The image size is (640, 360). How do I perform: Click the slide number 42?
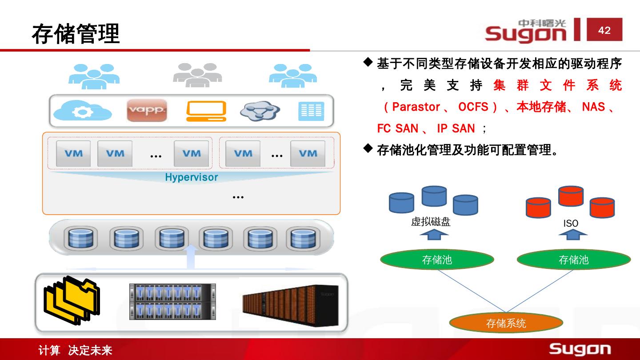604,30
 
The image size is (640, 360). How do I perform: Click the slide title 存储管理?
76,34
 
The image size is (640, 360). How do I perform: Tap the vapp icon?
147,110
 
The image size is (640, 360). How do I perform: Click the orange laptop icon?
206,111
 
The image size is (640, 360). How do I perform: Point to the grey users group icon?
197,75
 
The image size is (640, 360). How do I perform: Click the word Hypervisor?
191,177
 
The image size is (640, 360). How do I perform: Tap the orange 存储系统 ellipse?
506,323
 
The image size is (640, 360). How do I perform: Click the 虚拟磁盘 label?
431,222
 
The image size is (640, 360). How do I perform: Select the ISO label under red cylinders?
571,224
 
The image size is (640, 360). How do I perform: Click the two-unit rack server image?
172,302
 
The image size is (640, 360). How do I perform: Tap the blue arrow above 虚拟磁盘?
431,234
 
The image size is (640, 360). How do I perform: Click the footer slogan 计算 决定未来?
75,351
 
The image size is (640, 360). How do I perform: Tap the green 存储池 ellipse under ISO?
573,260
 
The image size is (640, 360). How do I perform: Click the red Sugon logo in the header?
526,31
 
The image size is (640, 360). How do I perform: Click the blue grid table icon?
311,111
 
